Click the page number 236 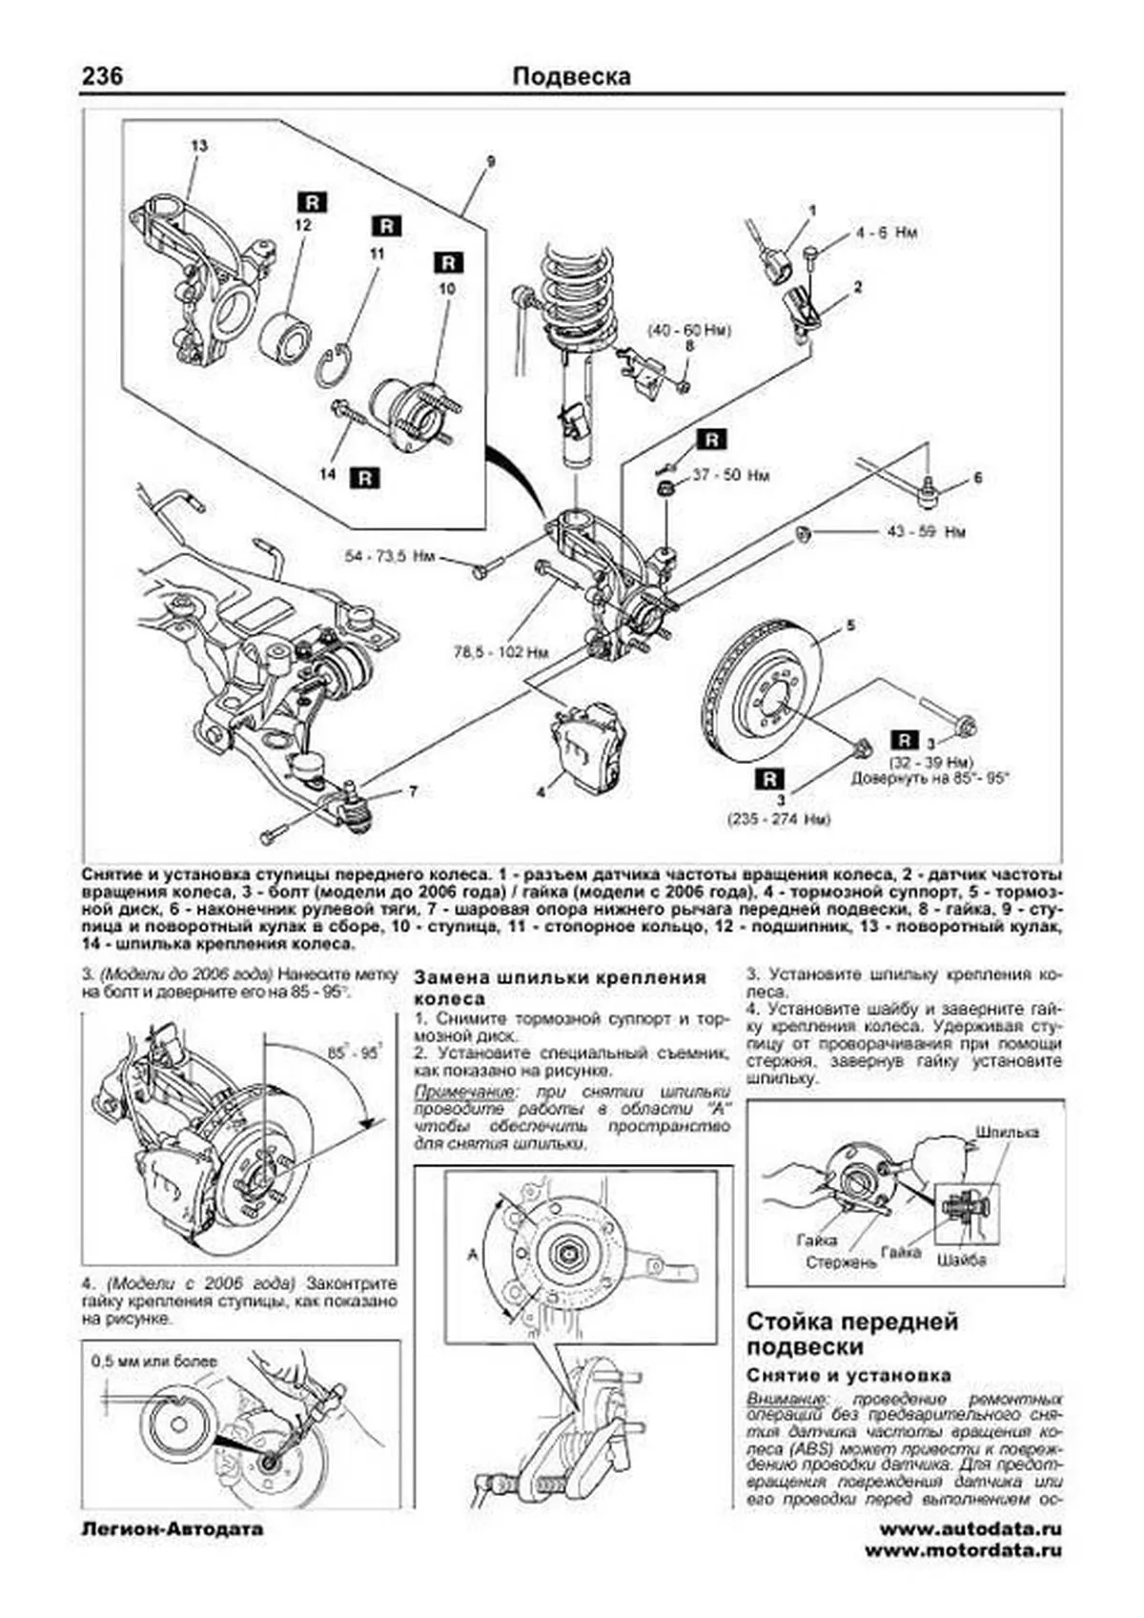(102, 75)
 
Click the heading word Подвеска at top (571, 76)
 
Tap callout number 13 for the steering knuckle (198, 146)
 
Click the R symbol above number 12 (312, 202)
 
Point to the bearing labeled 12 (285, 336)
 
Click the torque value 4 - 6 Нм (886, 233)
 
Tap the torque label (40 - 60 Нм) (688, 331)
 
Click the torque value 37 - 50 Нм (730, 475)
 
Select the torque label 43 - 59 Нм (926, 531)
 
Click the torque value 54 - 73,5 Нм (391, 556)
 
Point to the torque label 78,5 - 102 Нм (500, 653)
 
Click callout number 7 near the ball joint (412, 791)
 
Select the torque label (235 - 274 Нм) (779, 819)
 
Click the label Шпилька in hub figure (1007, 1132)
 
